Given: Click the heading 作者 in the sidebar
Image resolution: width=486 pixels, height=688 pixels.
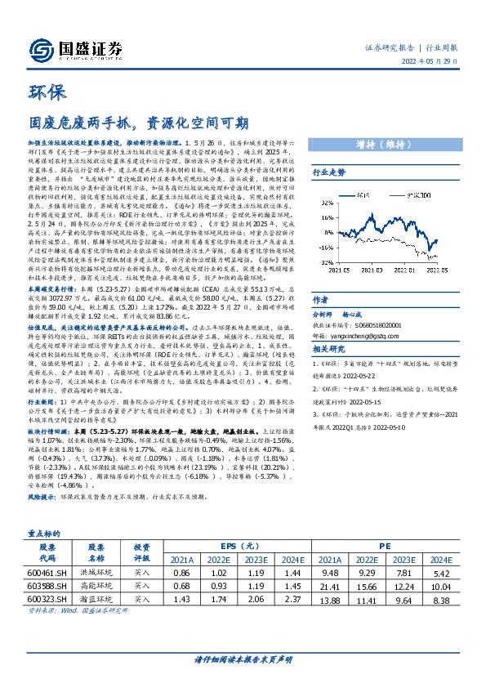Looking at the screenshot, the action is pos(320,300).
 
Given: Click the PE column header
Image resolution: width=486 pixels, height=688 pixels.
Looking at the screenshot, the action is pos(385,546).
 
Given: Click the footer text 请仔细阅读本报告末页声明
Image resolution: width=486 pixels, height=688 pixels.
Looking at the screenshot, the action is pos(243,659).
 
